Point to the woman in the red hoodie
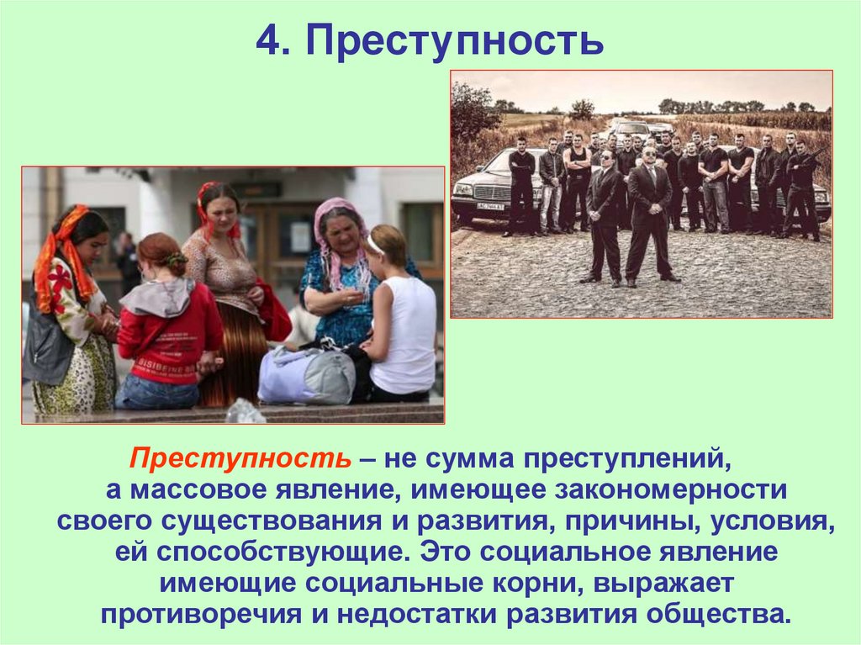tap(168, 328)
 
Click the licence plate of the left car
tap(489, 205)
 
